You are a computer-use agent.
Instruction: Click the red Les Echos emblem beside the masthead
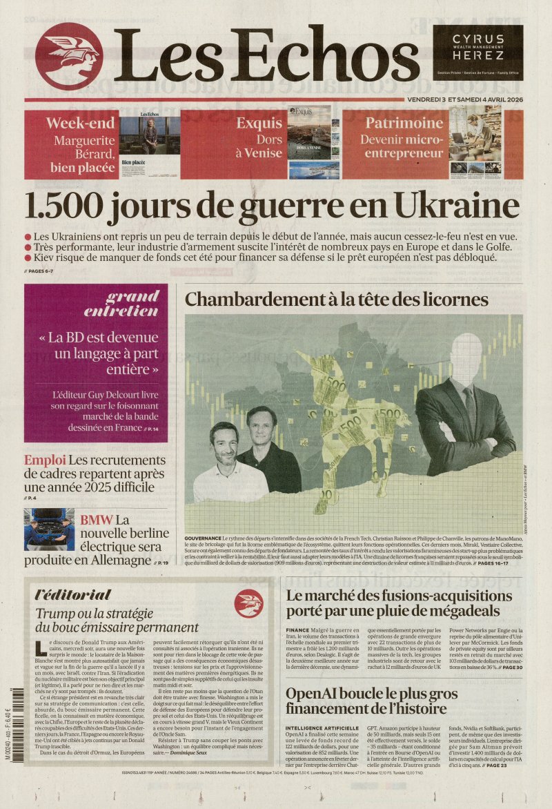click(x=68, y=57)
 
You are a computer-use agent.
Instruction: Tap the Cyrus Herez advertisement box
click(x=477, y=52)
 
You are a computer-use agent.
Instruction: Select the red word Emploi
click(x=45, y=460)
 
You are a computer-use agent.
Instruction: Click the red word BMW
click(x=96, y=520)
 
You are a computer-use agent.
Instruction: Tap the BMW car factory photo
click(x=49, y=529)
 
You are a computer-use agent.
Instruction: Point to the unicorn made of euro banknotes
click(x=345, y=414)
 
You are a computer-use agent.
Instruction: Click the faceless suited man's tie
click(x=469, y=408)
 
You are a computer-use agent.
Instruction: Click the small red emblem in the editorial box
click(x=248, y=603)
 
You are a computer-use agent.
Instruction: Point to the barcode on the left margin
click(x=13, y=718)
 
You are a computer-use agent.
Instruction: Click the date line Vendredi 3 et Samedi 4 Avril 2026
click(x=464, y=99)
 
